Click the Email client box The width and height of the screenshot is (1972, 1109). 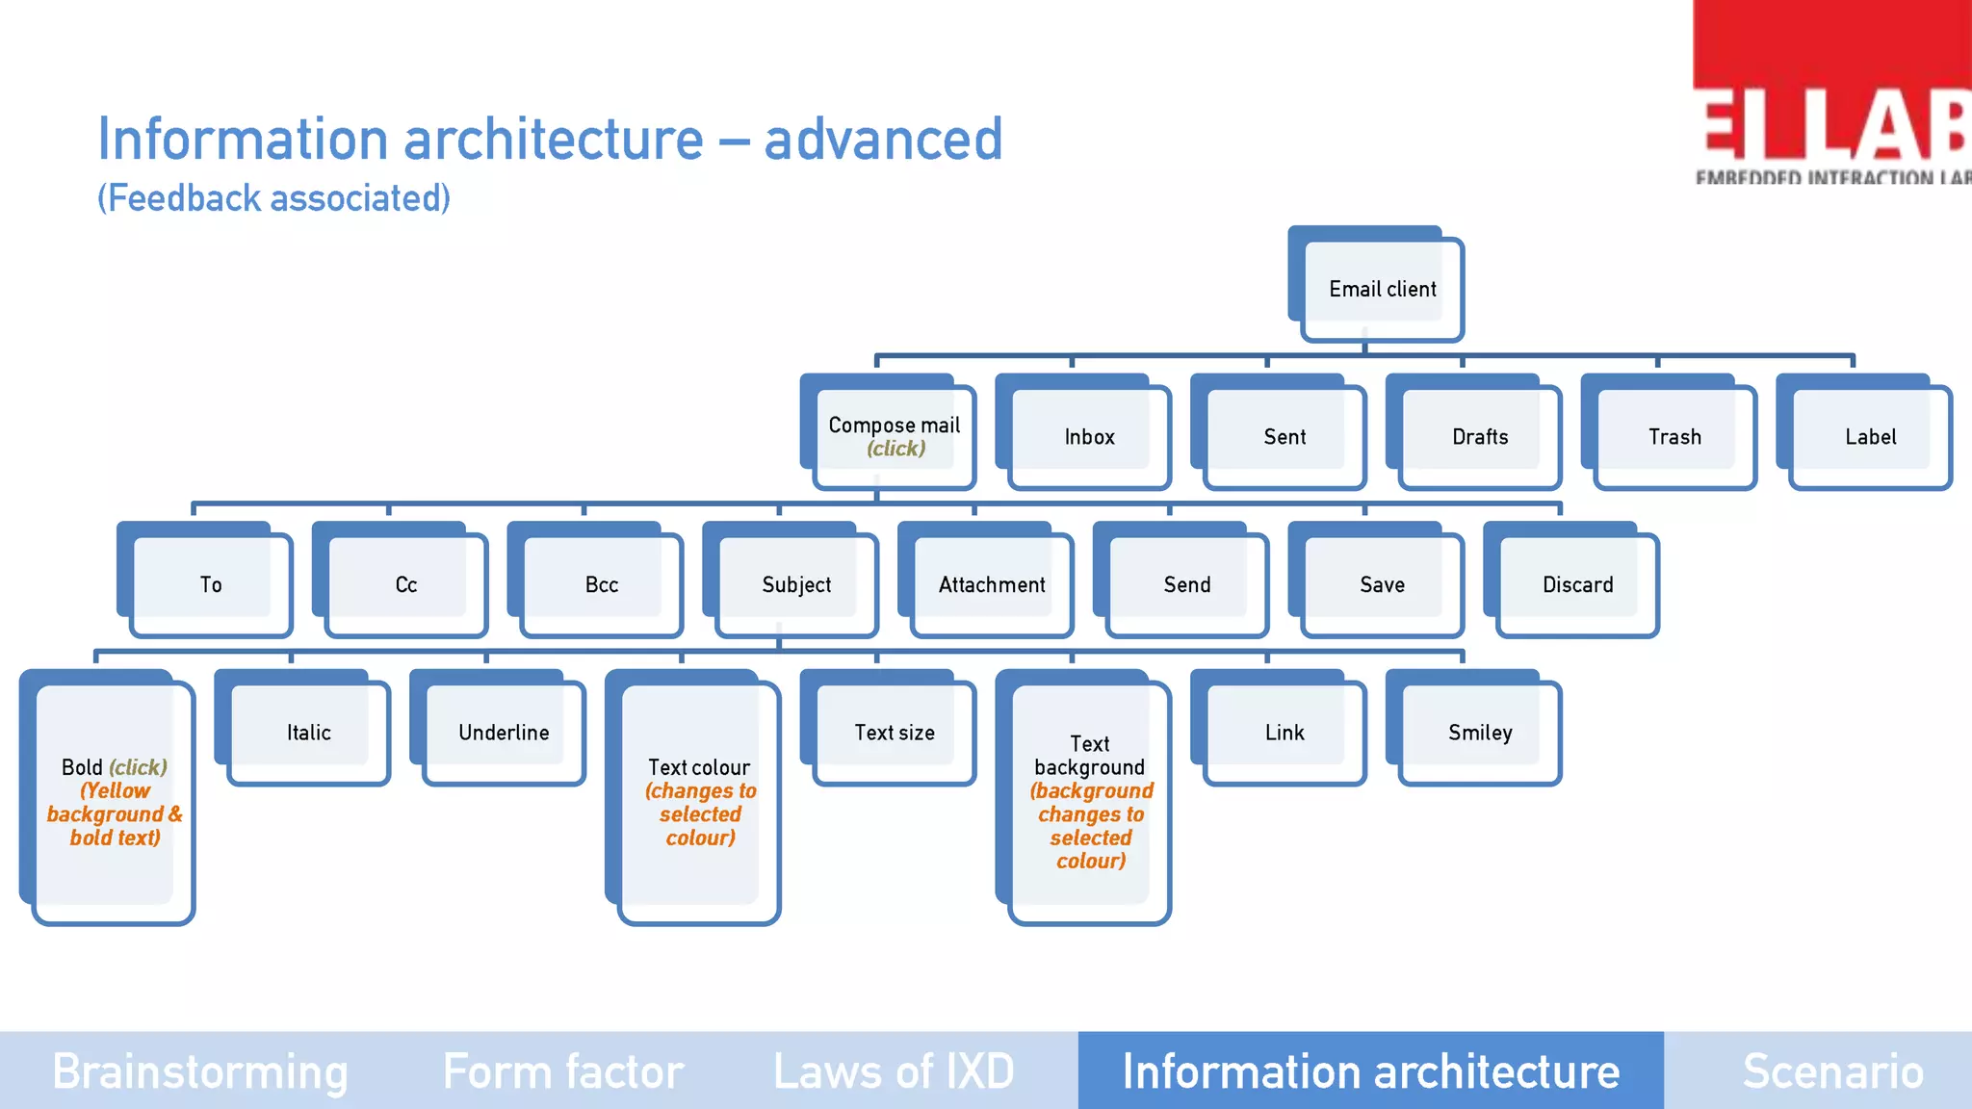pyautogui.click(x=1382, y=289)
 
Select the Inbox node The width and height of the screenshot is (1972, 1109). pyautogui.click(x=1089, y=437)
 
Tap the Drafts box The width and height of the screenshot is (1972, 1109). pyautogui.click(x=1480, y=437)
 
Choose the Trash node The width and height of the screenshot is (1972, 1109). pyautogui.click(x=1674, y=437)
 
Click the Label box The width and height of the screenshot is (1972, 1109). pyautogui.click(x=1870, y=437)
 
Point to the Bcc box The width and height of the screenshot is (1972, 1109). pyautogui.click(x=601, y=584)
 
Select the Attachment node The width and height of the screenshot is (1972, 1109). pyautogui.click(x=992, y=584)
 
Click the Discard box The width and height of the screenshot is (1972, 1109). pyautogui.click(x=1577, y=584)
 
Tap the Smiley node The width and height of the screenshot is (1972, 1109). pyautogui.click(x=1480, y=733)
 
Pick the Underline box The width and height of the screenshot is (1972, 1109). pyautogui.click(x=504, y=733)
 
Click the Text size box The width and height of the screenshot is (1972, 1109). pyautogui.click(x=895, y=733)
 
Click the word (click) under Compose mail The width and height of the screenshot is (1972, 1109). pyautogui.click(x=895, y=449)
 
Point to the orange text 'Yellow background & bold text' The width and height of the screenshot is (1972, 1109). pyautogui.click(x=115, y=814)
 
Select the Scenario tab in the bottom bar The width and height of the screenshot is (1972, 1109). pyautogui.click(x=1832, y=1070)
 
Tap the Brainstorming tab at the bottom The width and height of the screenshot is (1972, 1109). pyautogui.click(x=200, y=1070)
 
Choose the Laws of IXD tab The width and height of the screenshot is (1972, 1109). pyautogui.click(x=894, y=1070)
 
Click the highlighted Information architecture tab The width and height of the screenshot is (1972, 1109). pyautogui.click(x=1370, y=1070)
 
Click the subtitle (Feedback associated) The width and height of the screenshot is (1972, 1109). pyautogui.click(x=273, y=198)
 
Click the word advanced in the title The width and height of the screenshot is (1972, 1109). pyautogui.click(x=883, y=140)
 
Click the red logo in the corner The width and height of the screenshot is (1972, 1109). pyautogui.click(x=1832, y=91)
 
